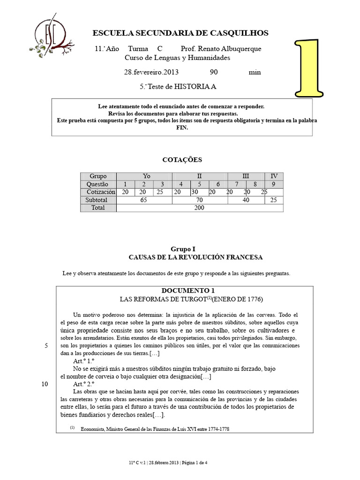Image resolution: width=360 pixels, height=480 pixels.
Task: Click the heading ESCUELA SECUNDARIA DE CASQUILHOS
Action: [x=180, y=33]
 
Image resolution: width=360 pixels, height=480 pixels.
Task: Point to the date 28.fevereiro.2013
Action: [x=151, y=72]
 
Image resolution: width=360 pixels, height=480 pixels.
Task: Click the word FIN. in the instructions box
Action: [x=181, y=127]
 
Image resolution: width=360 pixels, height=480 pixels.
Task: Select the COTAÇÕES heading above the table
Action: [x=182, y=160]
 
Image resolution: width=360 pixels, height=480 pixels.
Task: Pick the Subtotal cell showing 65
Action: [x=144, y=200]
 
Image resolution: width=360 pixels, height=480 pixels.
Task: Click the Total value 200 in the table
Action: [x=199, y=208]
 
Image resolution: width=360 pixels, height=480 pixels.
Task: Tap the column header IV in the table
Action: [x=274, y=176]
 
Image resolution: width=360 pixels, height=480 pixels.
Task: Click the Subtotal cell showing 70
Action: [x=199, y=200]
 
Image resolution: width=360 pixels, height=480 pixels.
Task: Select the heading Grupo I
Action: [x=182, y=249]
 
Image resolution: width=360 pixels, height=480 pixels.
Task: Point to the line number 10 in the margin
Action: [x=45, y=384]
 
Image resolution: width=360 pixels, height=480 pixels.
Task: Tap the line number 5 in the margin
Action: [x=46, y=346]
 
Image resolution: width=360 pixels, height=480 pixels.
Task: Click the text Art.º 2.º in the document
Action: [x=84, y=384]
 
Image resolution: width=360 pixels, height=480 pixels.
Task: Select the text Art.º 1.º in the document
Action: [x=84, y=360]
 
